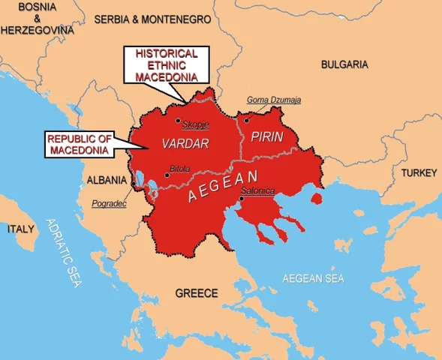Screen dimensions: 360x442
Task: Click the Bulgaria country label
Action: (x=344, y=64)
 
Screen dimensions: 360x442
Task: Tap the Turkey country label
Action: (x=418, y=172)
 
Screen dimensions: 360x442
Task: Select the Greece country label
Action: (x=196, y=292)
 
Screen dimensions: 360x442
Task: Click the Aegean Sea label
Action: (x=312, y=278)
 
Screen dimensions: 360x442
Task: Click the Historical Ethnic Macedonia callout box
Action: (x=166, y=65)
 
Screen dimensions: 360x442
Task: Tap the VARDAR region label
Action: (x=184, y=142)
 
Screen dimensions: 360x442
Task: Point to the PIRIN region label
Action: (x=266, y=137)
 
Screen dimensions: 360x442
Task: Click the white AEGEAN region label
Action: (x=223, y=186)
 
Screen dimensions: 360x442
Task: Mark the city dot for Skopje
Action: (x=177, y=120)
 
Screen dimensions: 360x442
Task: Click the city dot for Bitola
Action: (x=166, y=175)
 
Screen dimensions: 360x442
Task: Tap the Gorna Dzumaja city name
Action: (x=273, y=100)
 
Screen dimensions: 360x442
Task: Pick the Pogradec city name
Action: (x=108, y=203)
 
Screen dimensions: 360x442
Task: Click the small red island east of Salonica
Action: (x=318, y=199)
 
